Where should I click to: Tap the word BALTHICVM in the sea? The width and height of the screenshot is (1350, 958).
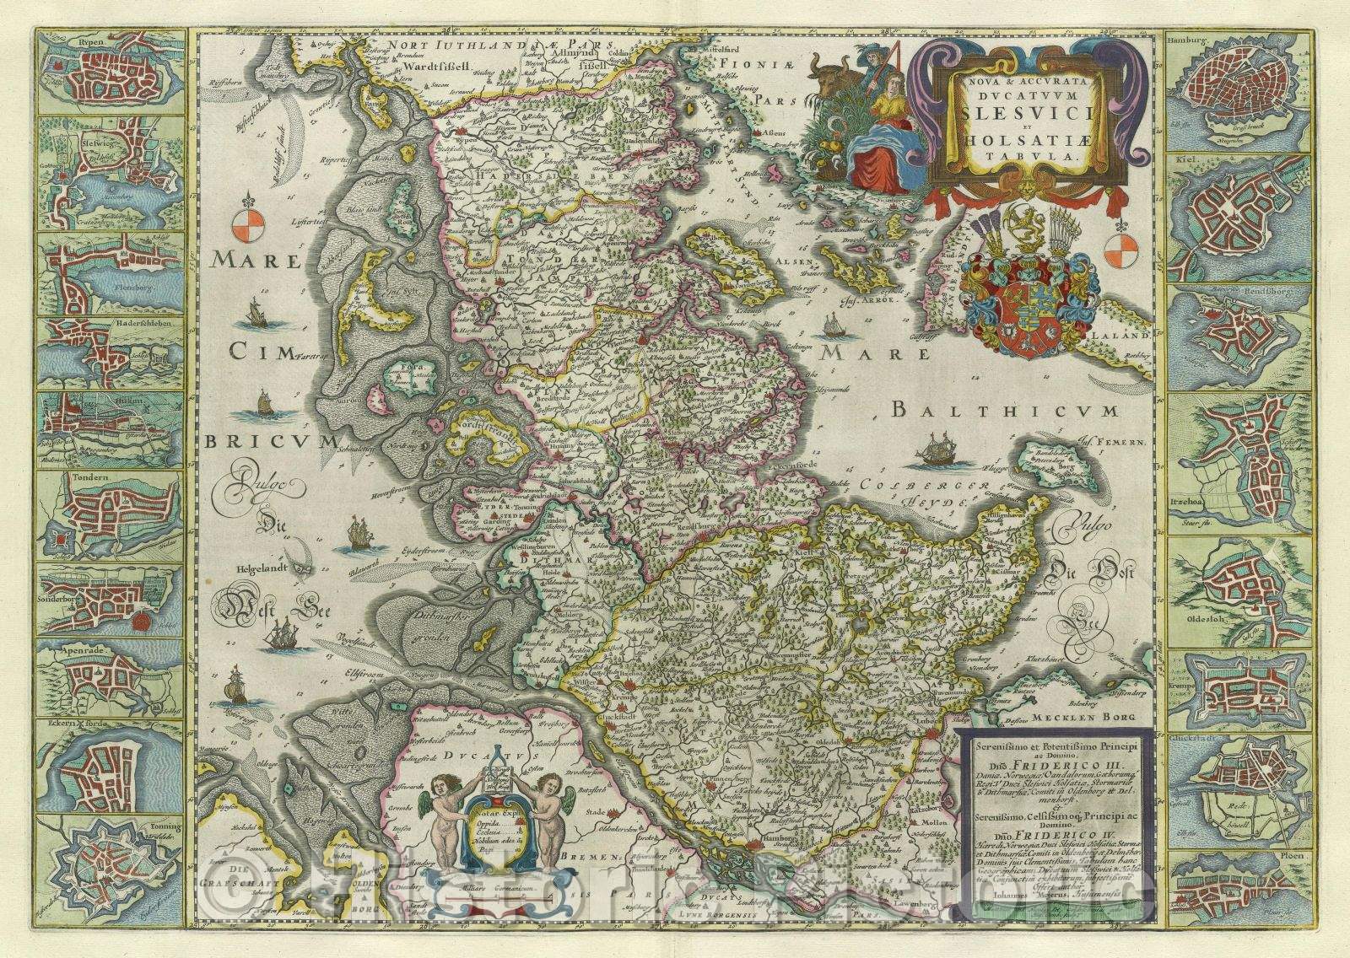tap(1004, 412)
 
